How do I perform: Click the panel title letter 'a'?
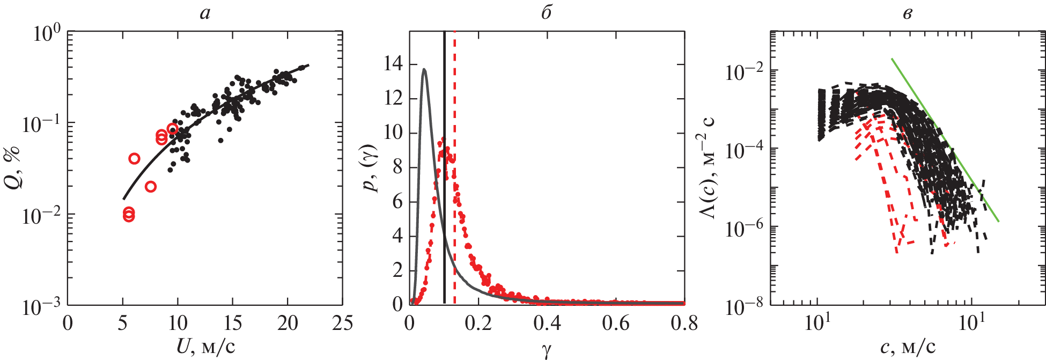pos(205,13)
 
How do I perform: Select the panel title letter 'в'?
pos(907,13)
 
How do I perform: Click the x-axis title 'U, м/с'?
pos(205,347)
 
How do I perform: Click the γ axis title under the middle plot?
pos(547,350)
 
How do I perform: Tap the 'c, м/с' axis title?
pos(908,347)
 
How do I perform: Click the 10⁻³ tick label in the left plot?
pos(41,307)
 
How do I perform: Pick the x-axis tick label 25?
pos(342,323)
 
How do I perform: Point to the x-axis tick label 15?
pos(232,323)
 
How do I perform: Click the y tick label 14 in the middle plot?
pos(393,65)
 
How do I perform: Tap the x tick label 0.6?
pos(615,323)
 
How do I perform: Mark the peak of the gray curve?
pos(424,69)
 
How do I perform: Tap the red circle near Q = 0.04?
pos(134,158)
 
